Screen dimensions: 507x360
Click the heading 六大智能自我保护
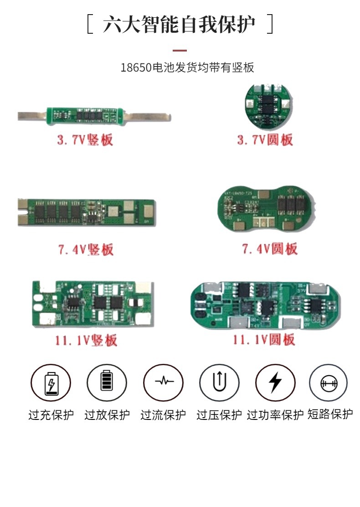(180, 24)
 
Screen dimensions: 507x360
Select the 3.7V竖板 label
(85, 139)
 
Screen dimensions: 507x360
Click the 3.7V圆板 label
(265, 139)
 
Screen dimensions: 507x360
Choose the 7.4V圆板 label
(269, 248)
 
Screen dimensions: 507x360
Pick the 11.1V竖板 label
(84, 340)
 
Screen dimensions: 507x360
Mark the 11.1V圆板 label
(264, 339)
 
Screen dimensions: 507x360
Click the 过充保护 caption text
(51, 415)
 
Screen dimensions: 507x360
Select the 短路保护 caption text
(330, 414)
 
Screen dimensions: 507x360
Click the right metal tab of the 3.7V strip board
(150, 117)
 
